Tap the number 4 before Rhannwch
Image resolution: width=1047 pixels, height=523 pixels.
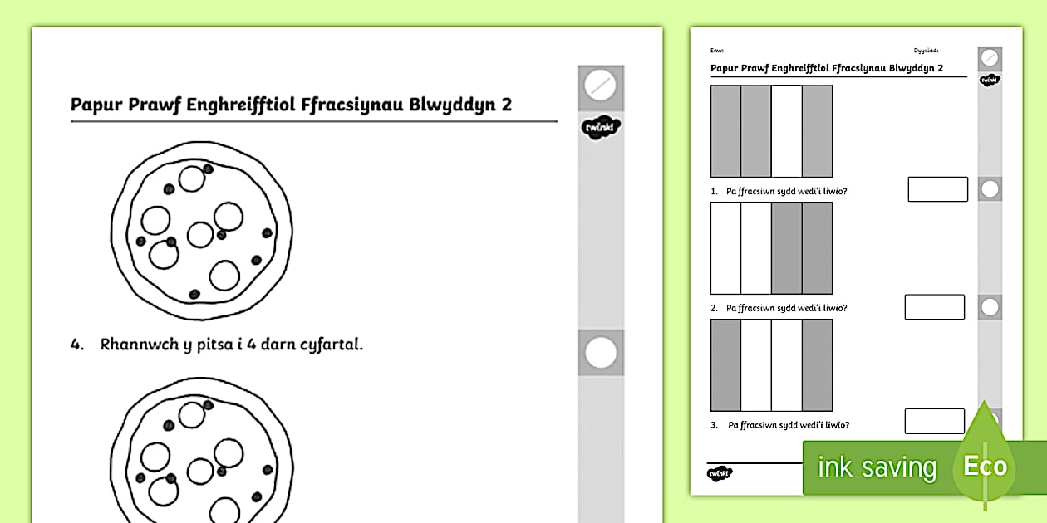click(76, 345)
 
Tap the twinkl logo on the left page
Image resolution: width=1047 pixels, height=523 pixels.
click(600, 128)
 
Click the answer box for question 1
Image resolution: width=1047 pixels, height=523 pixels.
click(937, 189)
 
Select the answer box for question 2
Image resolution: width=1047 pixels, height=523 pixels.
click(935, 307)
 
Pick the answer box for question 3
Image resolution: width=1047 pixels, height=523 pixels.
click(935, 421)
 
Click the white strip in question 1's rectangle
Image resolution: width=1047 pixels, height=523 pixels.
click(787, 131)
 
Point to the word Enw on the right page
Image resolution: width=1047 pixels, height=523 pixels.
click(716, 51)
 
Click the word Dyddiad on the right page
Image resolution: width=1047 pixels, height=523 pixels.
click(926, 51)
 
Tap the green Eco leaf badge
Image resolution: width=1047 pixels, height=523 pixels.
click(985, 465)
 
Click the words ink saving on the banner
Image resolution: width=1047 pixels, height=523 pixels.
click(877, 467)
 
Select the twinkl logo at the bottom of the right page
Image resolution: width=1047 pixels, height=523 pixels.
click(720, 473)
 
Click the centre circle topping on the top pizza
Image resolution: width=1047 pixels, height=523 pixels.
click(200, 234)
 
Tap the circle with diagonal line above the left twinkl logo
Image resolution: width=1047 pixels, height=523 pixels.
click(600, 85)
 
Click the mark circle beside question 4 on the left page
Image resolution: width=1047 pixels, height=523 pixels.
click(600, 353)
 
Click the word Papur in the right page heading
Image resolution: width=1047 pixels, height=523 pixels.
click(725, 69)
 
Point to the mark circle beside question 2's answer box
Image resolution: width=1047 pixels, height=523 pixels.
click(990, 307)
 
